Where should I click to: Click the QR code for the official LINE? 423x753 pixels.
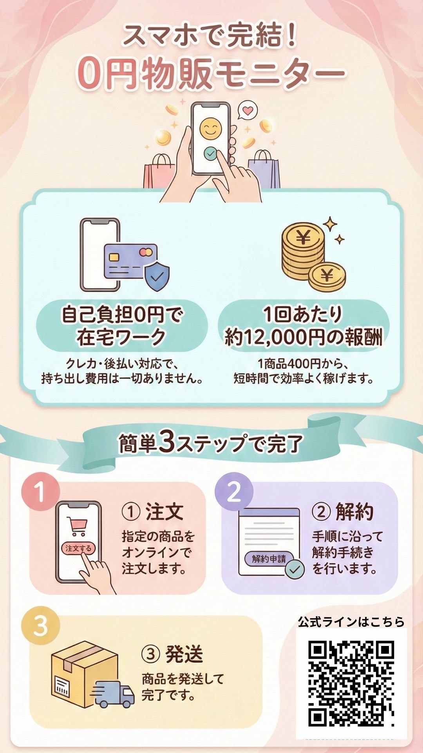click(x=351, y=683)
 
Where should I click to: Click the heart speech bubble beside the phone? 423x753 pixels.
click(x=248, y=110)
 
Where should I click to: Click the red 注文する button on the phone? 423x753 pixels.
click(x=78, y=548)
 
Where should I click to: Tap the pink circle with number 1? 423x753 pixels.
click(x=40, y=493)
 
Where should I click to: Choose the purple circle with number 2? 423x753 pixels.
click(x=234, y=492)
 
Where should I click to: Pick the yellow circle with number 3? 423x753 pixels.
click(x=40, y=626)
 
